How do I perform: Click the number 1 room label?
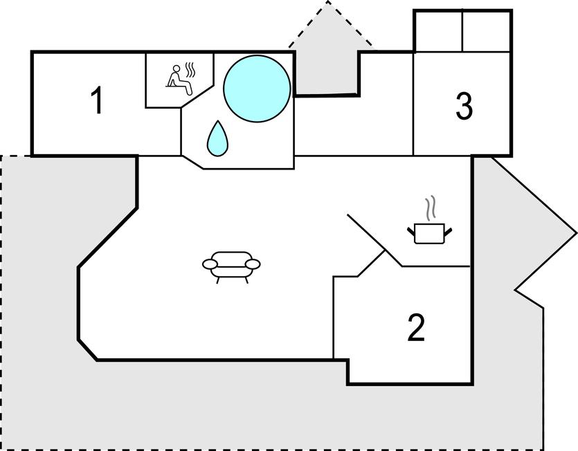tap(97, 100)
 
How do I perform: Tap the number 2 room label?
tap(416, 326)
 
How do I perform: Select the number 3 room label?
tap(464, 106)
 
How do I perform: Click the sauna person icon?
tap(179, 80)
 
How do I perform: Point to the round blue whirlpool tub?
tap(257, 89)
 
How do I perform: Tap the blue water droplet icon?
tap(217, 138)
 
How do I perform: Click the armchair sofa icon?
tap(231, 267)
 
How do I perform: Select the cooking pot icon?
tap(429, 233)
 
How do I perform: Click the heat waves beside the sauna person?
tap(190, 70)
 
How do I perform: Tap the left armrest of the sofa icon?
tap(210, 264)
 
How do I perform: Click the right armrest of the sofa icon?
tap(253, 264)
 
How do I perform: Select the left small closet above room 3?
tap(439, 32)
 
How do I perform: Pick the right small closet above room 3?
tap(486, 32)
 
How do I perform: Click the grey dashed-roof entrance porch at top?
tap(327, 55)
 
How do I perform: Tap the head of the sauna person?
tap(177, 68)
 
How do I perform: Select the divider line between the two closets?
tap(462, 32)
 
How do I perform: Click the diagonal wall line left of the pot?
tap(375, 240)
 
